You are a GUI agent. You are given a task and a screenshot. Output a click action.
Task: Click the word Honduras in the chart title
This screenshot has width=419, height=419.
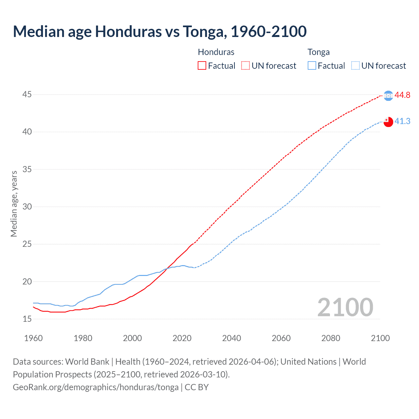point(128,31)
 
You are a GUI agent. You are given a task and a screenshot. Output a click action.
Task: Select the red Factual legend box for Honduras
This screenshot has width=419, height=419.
point(202,66)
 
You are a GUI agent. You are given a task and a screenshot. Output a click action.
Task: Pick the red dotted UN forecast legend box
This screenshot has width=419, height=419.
point(246,66)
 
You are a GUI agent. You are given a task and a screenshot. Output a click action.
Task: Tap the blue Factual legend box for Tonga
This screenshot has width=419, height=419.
point(312,66)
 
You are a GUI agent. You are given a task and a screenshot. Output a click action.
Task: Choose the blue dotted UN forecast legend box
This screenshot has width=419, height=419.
point(355,66)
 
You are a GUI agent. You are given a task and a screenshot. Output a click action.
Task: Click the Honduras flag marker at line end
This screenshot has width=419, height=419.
point(388,96)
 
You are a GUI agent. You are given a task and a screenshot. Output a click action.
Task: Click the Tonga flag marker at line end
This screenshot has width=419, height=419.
point(388,122)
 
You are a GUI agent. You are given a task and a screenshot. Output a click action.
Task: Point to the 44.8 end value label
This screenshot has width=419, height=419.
point(402,95)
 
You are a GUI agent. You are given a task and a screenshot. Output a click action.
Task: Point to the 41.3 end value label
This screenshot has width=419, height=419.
point(402,121)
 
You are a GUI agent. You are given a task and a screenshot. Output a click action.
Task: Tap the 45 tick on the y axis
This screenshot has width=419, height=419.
point(27,95)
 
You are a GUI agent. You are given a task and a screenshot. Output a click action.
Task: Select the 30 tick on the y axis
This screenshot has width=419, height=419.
point(27,207)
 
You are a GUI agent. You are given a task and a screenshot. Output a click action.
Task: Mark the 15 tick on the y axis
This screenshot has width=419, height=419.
point(27,319)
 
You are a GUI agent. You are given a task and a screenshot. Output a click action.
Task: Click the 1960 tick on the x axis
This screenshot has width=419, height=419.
point(33,338)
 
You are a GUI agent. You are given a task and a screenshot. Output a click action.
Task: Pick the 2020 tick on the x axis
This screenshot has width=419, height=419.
point(182,338)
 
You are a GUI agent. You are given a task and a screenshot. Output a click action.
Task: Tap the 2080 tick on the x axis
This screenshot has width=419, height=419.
point(331,338)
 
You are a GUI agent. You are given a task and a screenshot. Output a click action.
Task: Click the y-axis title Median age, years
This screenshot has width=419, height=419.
point(14,204)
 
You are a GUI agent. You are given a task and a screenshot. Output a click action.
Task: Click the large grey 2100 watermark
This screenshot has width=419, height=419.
point(345,307)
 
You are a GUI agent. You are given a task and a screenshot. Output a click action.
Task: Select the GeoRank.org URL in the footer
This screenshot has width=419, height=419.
point(96,387)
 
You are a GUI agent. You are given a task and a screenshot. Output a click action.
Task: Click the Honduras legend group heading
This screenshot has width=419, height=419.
point(216,52)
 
